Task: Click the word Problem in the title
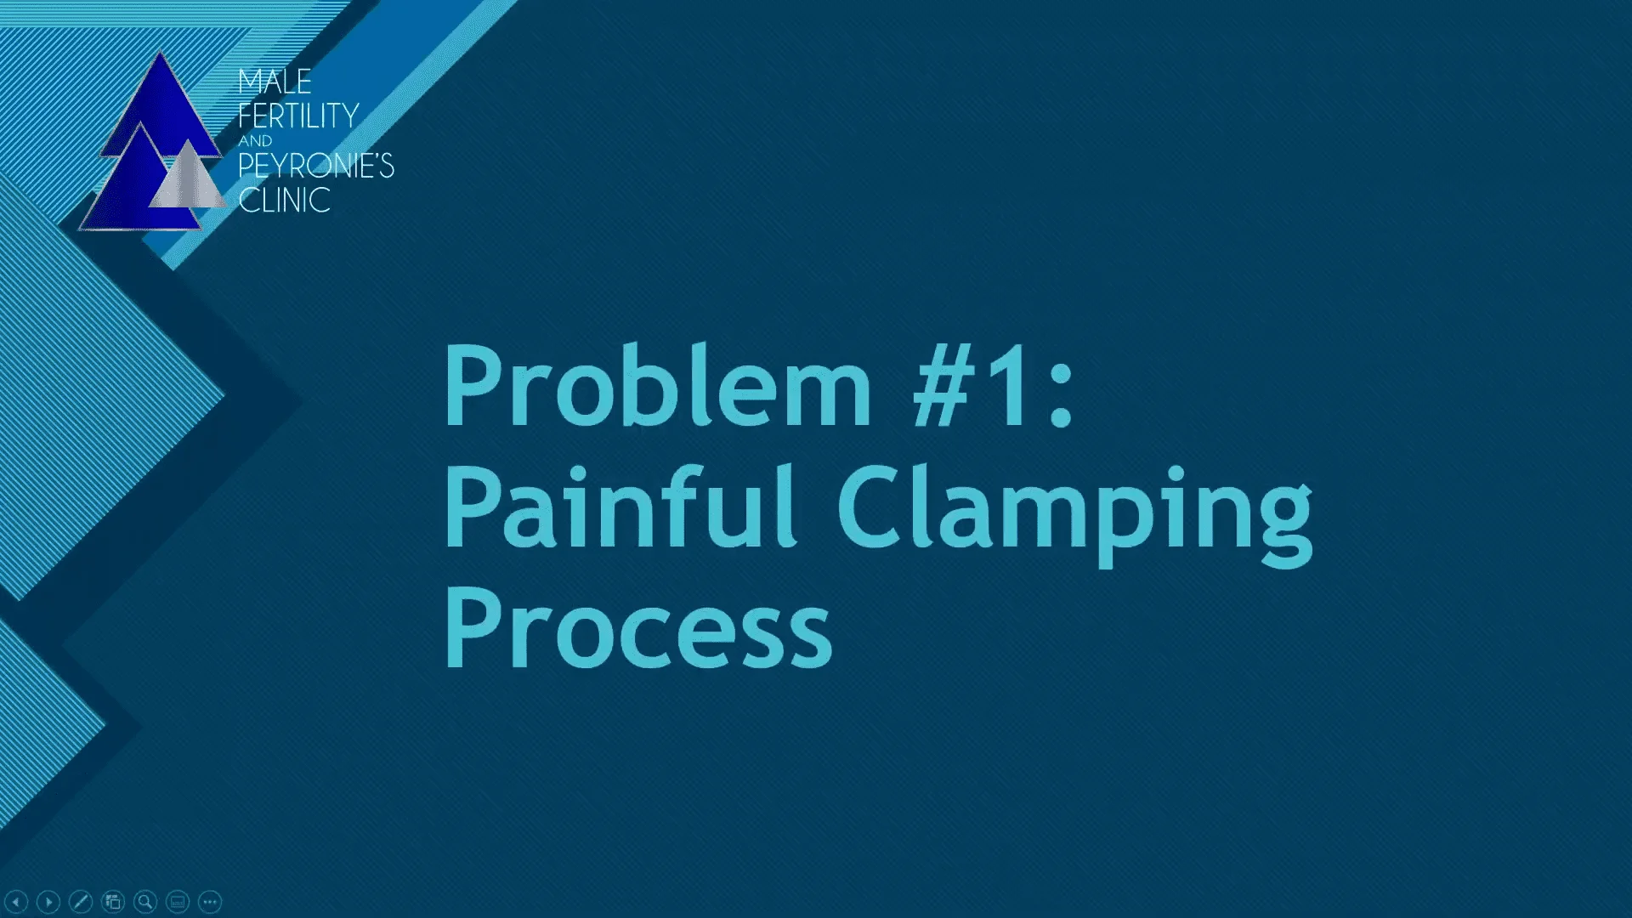(657, 386)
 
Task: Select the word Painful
(620, 507)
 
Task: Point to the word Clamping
(1075, 515)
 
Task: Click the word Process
(638, 628)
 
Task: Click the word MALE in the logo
(275, 82)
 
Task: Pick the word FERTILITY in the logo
(298, 115)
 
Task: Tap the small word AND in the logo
(255, 141)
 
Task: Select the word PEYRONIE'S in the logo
(316, 166)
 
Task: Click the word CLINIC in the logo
(284, 200)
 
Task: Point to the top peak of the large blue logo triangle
(161, 53)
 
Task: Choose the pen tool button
(81, 901)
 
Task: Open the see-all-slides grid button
(113, 901)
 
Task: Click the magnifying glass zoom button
(145, 901)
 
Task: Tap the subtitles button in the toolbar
(178, 901)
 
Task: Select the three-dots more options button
(210, 901)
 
